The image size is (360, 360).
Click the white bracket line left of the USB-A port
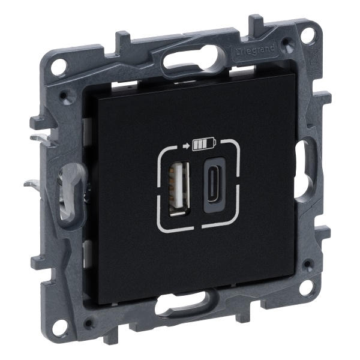pyautogui.click(x=159, y=186)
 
